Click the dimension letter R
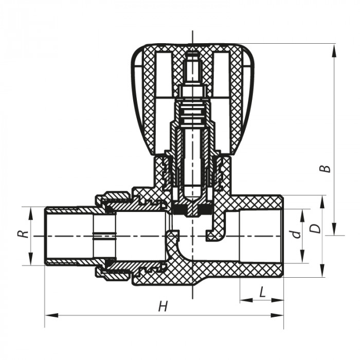(22, 234)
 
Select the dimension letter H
(163, 307)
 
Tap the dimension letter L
(262, 292)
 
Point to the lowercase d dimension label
(295, 235)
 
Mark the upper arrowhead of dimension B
(335, 48)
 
